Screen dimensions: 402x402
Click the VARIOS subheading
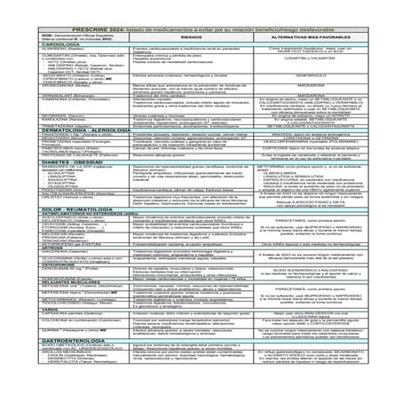[x=28, y=334]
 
